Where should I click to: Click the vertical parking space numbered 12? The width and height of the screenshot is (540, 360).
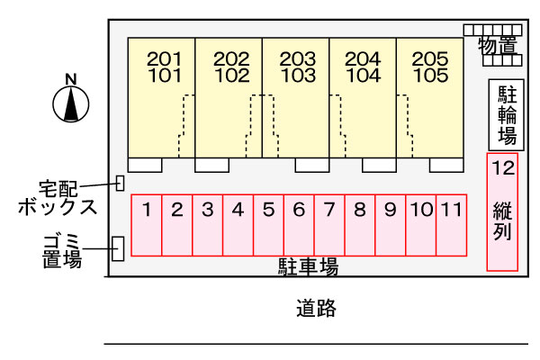(503, 211)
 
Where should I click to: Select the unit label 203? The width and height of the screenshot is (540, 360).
(296, 59)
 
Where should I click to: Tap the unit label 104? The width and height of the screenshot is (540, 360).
(363, 76)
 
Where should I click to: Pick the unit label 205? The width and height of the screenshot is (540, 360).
(429, 59)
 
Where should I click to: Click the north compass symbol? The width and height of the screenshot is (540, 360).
(70, 101)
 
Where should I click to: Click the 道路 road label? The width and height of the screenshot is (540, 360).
(316, 310)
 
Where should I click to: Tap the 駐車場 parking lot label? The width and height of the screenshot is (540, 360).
(307, 266)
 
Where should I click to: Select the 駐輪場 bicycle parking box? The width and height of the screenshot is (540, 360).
(507, 115)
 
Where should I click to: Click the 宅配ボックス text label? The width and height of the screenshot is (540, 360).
(56, 197)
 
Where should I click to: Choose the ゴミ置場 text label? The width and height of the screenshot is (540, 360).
(62, 250)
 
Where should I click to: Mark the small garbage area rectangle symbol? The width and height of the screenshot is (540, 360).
(117, 248)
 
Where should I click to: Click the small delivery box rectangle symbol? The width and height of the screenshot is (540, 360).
(120, 183)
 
